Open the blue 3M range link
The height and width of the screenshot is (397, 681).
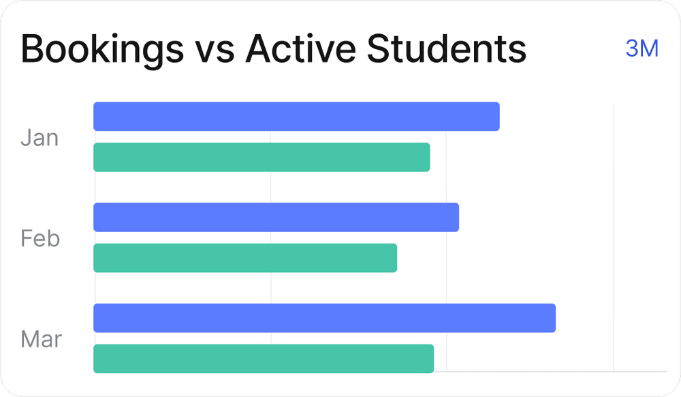(642, 49)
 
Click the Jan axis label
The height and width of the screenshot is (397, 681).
(39, 138)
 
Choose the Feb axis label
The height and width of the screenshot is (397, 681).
(40, 239)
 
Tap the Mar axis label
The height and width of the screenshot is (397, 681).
(41, 339)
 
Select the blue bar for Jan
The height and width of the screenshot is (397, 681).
(296, 117)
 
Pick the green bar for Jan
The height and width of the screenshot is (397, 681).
(262, 157)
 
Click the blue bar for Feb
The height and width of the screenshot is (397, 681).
(276, 217)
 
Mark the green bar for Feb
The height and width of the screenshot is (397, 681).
(245, 258)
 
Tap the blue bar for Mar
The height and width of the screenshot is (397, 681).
(324, 318)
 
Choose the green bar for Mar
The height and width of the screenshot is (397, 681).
(264, 359)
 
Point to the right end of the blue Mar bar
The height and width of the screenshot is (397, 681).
(552, 318)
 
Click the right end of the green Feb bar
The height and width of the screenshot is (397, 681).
(394, 258)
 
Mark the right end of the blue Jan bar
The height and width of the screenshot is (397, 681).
(496, 117)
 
